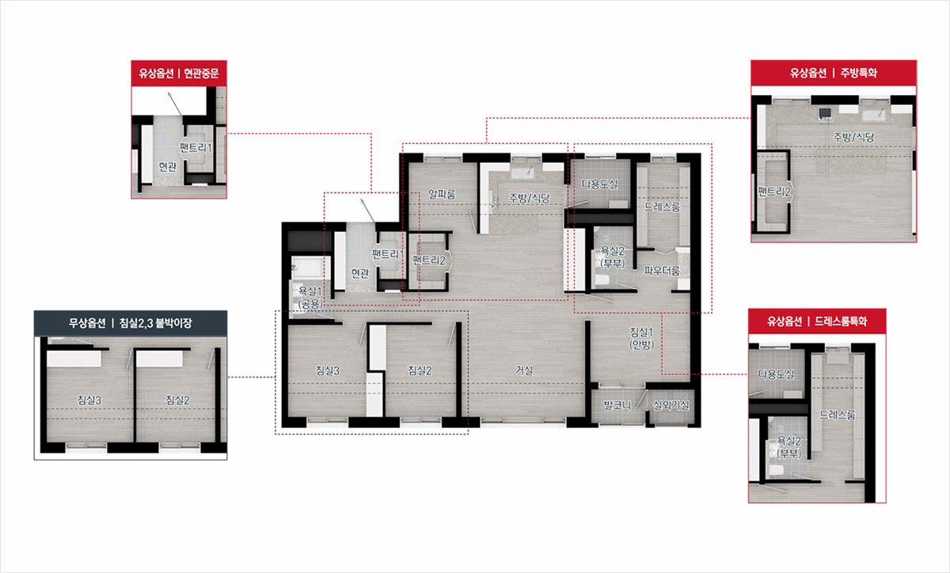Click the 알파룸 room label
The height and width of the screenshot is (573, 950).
442,194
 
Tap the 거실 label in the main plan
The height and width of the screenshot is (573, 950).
524,370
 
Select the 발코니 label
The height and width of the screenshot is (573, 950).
617,405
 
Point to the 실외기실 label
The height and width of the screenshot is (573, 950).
671,405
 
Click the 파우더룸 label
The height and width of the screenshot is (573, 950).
662,270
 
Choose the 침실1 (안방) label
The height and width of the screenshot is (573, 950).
641,338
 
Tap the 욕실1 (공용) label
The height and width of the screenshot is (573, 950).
310,298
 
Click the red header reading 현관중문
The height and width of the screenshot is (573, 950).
179,74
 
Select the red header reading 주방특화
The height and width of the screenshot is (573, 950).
834,73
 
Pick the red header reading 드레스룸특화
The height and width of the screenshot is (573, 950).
817,321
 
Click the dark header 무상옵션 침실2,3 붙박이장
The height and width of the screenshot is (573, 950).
131,323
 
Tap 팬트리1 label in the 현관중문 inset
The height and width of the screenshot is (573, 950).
196,147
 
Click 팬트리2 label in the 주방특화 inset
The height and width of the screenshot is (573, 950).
774,192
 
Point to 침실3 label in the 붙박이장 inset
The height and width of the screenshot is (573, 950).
89,400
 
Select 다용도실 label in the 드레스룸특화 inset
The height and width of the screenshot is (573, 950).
776,374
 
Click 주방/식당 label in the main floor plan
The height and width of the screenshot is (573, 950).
530,198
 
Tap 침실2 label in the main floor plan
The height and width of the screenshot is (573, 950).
420,370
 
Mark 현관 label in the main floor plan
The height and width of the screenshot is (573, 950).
360,273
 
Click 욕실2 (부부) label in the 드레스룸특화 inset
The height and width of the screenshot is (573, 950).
788,447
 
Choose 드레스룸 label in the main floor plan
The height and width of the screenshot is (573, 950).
662,207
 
